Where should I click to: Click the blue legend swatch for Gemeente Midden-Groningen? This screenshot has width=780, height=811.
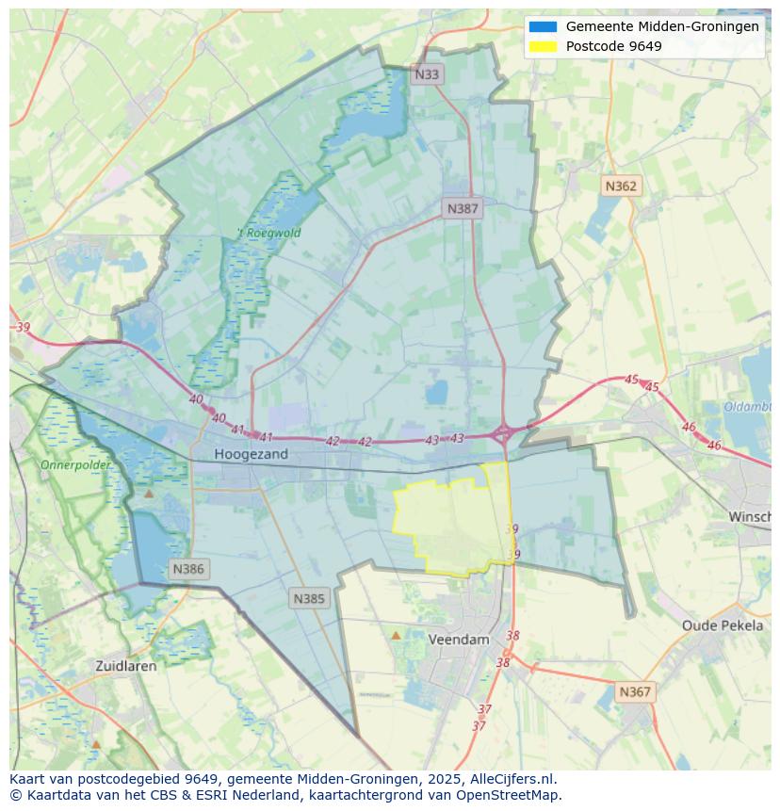pos(543,26)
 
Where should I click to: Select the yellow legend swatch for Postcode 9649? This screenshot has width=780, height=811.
pos(543,46)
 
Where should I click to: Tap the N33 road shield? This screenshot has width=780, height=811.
pos(427,73)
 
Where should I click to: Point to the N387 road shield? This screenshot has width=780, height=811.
pos(463,208)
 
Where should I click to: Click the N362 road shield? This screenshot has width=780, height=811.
pos(621,186)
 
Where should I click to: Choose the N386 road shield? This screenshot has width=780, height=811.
pos(188,569)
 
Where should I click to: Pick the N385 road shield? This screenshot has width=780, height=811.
pos(309,598)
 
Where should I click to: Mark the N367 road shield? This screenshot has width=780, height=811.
pos(635,691)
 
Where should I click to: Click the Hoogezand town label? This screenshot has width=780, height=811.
pos(251,454)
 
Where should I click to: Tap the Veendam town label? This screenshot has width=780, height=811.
pos(459,639)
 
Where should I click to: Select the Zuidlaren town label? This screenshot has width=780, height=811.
pos(126,665)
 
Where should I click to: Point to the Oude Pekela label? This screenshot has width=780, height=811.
pos(723,625)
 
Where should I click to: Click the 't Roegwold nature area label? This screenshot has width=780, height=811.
pos(268,233)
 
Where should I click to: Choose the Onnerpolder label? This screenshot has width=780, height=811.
pos(74,464)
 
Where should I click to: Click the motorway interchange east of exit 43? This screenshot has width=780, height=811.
pos(503,433)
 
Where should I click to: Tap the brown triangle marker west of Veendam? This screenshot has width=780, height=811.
pos(396,636)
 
